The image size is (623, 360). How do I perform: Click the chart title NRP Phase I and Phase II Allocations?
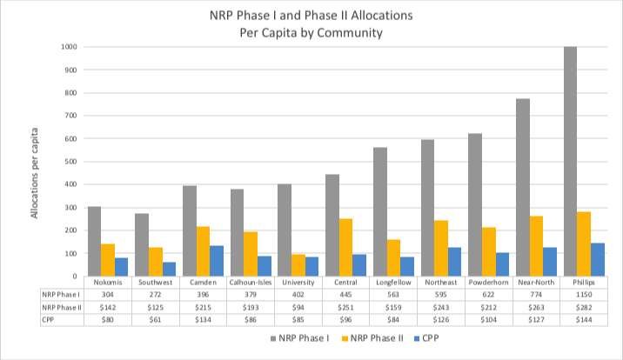click(311, 16)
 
